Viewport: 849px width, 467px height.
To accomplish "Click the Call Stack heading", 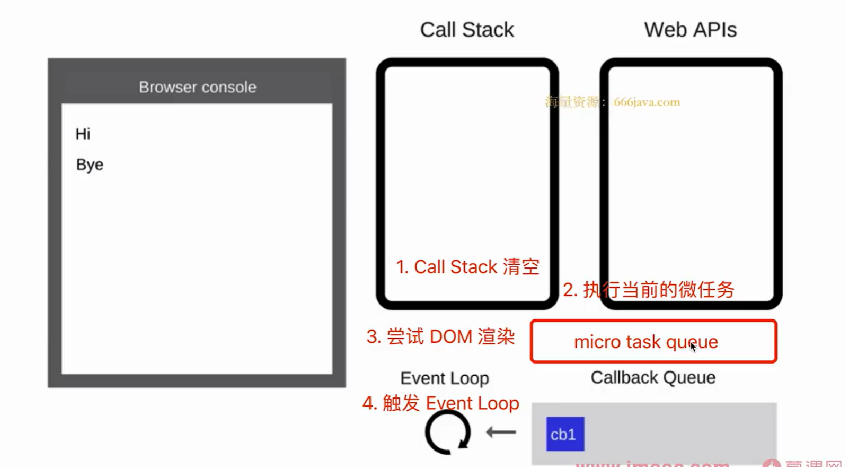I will coord(467,30).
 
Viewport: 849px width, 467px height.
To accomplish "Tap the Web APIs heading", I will coord(690,30).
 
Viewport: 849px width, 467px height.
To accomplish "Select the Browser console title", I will coord(197,87).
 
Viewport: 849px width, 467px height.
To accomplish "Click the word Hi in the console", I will coord(83,134).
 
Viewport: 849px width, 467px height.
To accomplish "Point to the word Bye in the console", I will coord(90,165).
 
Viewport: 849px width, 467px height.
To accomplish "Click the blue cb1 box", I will coord(565,434).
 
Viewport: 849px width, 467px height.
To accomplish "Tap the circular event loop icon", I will coord(447,433).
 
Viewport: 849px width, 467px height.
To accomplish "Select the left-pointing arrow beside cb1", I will coord(501,433).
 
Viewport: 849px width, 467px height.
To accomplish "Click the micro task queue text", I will coord(645,342).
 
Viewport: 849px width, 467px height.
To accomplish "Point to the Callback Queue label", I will coord(653,377).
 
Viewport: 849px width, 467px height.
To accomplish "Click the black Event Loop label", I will coord(444,378).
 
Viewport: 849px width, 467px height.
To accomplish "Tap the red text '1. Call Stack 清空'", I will coord(467,266).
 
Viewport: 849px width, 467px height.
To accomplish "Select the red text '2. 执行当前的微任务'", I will coord(648,289).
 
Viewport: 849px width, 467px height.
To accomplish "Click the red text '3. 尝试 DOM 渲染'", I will coord(440,336).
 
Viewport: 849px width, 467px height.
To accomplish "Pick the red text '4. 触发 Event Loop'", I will coord(440,403).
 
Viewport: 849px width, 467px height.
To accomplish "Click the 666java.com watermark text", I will coord(647,102).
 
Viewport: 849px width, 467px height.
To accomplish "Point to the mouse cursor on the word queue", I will coord(693,347).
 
